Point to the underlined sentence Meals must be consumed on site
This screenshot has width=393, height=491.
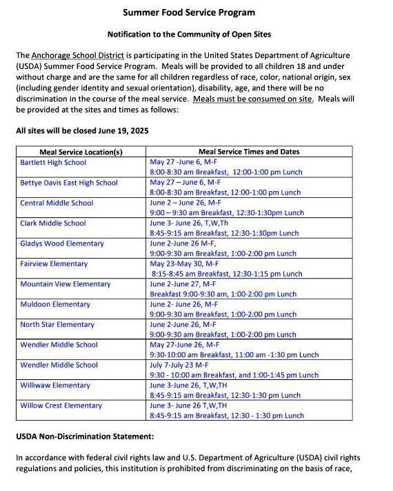[x=253, y=99]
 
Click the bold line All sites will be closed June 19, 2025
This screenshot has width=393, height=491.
[x=82, y=130]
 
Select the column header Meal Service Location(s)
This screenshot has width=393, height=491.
[x=81, y=152]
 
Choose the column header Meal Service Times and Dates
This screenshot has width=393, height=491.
[x=249, y=152]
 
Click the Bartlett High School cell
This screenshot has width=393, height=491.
[x=53, y=163]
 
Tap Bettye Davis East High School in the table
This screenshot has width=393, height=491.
[x=69, y=183]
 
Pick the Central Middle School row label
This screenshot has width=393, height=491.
[x=57, y=203]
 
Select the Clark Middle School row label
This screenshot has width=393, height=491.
[x=53, y=223]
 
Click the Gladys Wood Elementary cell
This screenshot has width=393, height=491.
[x=62, y=243]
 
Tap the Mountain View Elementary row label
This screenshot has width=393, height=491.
[x=65, y=284]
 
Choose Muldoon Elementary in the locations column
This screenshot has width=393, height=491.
[x=55, y=304]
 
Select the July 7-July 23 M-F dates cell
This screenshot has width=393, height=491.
[x=181, y=365]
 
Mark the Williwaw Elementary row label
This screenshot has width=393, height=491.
[x=55, y=385]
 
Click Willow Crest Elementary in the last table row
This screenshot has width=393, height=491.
[x=61, y=405]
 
